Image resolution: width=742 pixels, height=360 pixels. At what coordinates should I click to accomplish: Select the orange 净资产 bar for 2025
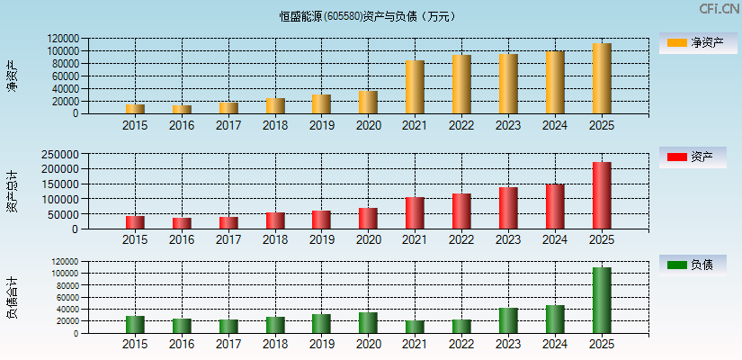tap(602, 78)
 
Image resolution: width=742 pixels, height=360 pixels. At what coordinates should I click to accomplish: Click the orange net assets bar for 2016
tap(182, 110)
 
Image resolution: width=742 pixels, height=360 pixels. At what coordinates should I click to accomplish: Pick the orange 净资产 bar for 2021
tap(415, 87)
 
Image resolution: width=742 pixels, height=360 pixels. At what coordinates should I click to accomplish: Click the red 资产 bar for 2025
tap(602, 195)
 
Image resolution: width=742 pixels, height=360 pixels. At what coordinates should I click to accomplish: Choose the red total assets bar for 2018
tap(275, 220)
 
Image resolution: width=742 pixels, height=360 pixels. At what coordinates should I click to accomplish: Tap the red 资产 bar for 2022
tap(461, 211)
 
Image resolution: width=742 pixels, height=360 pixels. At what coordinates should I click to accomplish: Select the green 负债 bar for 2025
tap(602, 301)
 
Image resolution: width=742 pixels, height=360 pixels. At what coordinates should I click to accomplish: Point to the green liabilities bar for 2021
tap(415, 327)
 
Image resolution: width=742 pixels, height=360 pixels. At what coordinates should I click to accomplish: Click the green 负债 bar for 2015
tap(135, 325)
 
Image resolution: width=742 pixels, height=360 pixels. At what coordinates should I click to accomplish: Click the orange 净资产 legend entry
tap(692, 42)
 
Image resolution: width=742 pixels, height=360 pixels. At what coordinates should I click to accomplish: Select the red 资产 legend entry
tap(692, 157)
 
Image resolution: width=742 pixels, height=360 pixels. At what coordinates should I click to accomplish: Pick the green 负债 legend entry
tap(692, 265)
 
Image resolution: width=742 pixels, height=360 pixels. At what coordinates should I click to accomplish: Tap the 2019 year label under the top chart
tap(321, 126)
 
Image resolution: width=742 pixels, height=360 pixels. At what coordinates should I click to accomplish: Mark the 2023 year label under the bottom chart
tap(508, 345)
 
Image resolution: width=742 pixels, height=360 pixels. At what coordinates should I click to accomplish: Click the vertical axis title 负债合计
tap(12, 298)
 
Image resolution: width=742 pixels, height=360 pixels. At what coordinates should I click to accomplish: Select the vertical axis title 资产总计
tap(12, 191)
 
